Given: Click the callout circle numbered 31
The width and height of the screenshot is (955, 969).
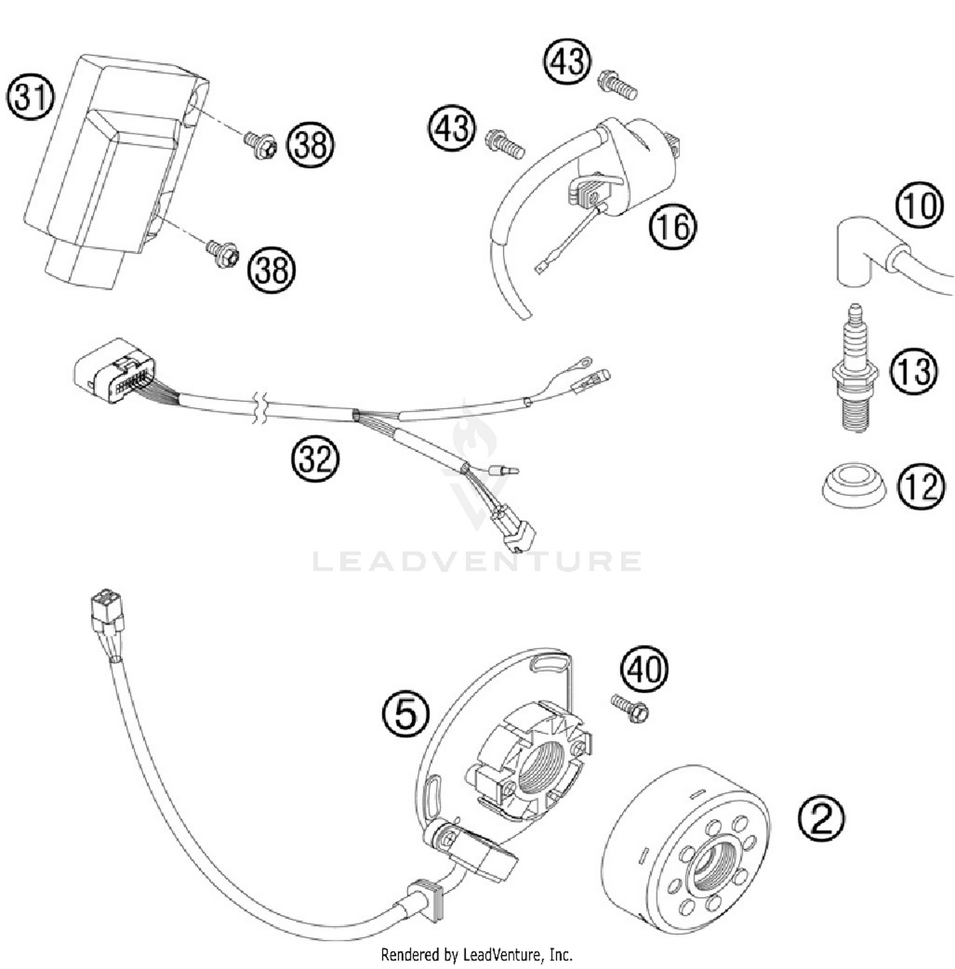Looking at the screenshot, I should coord(31,98).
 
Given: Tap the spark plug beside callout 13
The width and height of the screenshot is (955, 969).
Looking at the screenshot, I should coord(856,369).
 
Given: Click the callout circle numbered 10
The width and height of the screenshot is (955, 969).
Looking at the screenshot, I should coord(919,206).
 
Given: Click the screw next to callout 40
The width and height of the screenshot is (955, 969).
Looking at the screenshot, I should coord(630,707).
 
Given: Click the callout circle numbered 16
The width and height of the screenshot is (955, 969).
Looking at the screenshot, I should coord(673,225).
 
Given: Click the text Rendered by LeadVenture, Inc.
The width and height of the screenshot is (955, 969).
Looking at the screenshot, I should coord(476,954).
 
